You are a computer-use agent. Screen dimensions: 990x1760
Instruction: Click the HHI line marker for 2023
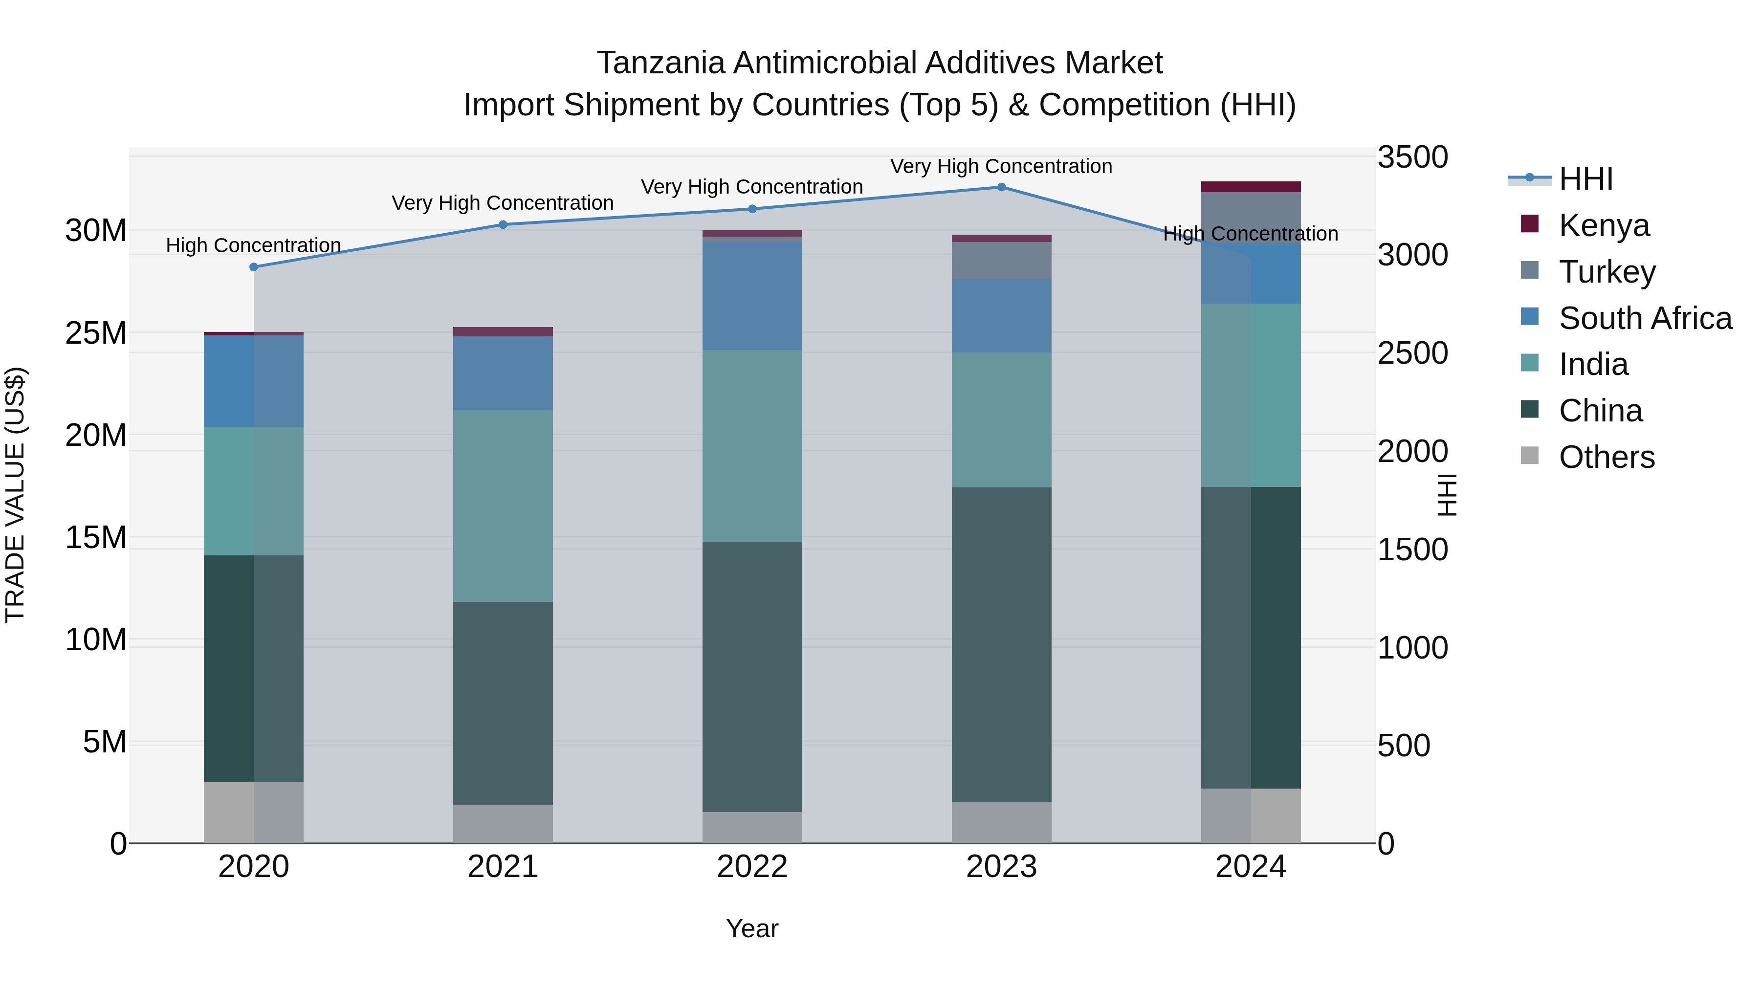coord(1001,187)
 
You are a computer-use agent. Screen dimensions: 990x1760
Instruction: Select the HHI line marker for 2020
coord(253,267)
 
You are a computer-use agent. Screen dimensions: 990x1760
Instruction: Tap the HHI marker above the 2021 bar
coord(503,224)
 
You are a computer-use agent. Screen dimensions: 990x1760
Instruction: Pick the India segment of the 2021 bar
coord(503,506)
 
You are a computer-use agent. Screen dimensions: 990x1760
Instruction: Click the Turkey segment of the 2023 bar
coord(1001,260)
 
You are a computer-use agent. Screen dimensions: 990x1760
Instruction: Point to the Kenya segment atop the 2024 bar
coord(1250,187)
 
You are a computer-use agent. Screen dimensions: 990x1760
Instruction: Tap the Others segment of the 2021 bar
coord(503,823)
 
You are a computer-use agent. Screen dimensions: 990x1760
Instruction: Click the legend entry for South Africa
coord(1645,318)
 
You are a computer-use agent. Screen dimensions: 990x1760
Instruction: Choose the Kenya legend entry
coord(1604,225)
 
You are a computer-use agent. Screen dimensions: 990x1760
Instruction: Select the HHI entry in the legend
coord(1585,178)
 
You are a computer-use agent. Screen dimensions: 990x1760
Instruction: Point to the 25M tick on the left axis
coord(96,333)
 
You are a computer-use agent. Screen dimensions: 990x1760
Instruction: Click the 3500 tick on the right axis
coord(1411,156)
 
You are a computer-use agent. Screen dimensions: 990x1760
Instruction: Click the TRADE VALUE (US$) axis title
coord(15,495)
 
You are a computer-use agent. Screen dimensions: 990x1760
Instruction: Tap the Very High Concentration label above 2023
coord(1001,166)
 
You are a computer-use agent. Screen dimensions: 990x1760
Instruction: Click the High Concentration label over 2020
coord(253,245)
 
